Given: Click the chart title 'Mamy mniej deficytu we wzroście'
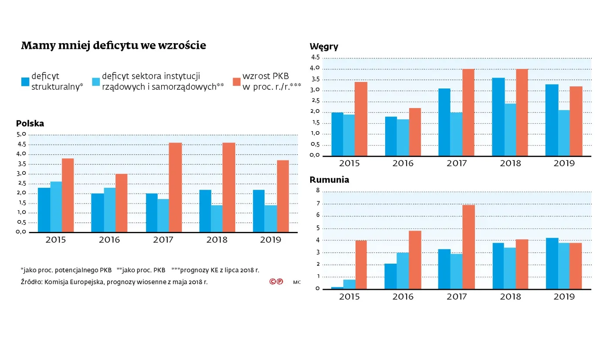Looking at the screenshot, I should click(113, 46).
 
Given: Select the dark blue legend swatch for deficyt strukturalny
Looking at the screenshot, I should click(25, 82).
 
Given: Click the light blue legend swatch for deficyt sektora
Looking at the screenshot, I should click(96, 82).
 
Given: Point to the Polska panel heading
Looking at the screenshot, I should click(30, 123).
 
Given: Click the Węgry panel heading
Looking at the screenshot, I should click(324, 47).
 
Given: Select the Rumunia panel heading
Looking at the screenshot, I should click(329, 180).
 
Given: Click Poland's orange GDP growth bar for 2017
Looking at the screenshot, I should click(176, 187).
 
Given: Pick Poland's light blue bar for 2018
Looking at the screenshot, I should click(217, 219).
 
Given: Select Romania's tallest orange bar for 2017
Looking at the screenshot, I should click(469, 247).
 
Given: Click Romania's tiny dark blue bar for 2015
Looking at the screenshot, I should click(337, 288).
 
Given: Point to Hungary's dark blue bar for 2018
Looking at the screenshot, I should click(498, 117).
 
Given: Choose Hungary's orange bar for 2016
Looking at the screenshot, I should click(415, 132).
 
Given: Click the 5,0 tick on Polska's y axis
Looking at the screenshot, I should click(22, 134).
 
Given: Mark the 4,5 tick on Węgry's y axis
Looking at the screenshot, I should click(315, 58).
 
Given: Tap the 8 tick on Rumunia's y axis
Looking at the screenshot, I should click(318, 190).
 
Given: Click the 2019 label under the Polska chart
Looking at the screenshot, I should click(271, 240).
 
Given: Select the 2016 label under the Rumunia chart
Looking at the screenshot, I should click(403, 297).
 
